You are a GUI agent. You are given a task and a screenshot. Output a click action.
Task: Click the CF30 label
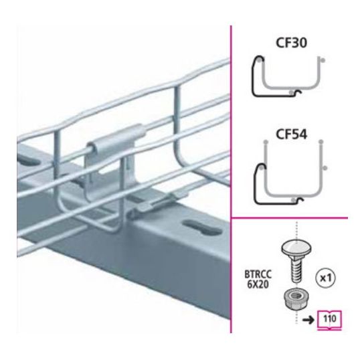[x=291, y=43]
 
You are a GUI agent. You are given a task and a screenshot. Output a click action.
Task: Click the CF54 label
[x=291, y=134]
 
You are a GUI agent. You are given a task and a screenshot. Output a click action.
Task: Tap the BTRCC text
[x=258, y=274]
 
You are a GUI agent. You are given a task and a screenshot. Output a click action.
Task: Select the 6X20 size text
[x=258, y=284]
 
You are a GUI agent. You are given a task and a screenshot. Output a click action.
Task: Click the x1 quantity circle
[x=326, y=278]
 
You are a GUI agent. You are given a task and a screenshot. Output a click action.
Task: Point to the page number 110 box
[x=329, y=319]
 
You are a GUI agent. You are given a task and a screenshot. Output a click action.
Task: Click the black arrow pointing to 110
[x=308, y=319]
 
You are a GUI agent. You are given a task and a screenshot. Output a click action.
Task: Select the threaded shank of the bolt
[x=296, y=270]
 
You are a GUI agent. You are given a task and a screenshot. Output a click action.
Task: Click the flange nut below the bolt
[x=296, y=299]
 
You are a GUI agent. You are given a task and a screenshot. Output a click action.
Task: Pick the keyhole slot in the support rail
[x=203, y=228]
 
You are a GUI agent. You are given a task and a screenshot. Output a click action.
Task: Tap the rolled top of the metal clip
[x=116, y=139]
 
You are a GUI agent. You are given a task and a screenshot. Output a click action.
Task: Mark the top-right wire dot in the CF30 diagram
[x=323, y=60]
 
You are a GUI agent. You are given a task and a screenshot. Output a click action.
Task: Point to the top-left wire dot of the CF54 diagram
[x=266, y=142]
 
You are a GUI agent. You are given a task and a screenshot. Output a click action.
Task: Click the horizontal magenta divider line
[x=290, y=217]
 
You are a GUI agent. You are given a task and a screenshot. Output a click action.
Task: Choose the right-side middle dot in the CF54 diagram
[x=325, y=168]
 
